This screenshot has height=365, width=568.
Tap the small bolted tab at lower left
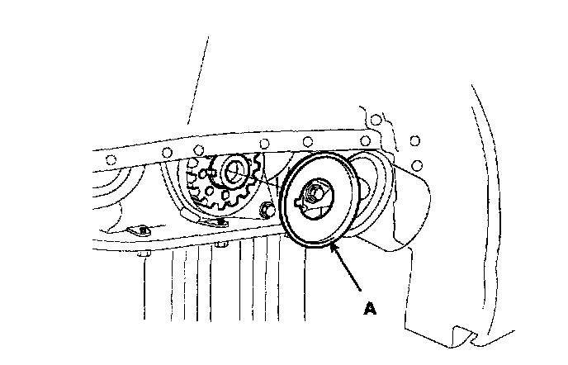click(141, 230)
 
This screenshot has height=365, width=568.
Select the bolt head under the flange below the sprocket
click(220, 246)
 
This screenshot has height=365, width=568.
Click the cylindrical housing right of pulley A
click(396, 206)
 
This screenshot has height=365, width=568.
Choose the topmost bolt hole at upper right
click(376, 121)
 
